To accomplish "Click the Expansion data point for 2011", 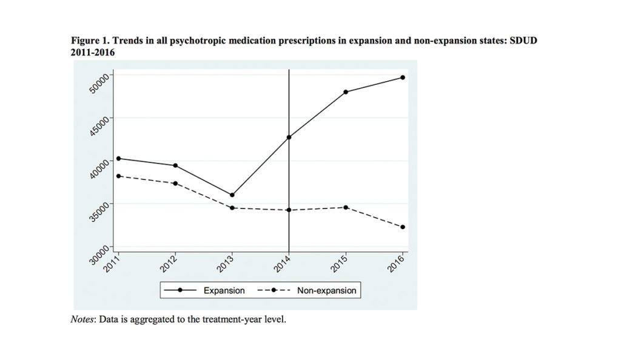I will (118, 158).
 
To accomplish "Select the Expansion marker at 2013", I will (232, 195).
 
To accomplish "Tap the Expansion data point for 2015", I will (346, 92).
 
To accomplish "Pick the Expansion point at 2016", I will (403, 78).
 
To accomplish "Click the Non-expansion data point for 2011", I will (118, 176).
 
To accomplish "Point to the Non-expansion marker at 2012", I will (175, 184).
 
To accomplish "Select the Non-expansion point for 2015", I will (346, 207).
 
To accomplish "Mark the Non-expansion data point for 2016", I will (403, 227).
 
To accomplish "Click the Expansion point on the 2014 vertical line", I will (289, 137).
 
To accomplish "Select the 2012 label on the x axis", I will (168, 264).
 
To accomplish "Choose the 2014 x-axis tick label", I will (281, 264).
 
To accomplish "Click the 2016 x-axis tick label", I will (395, 264).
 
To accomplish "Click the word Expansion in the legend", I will (224, 290).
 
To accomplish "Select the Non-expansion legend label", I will (326, 290).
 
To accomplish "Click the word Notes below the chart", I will (82, 319).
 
